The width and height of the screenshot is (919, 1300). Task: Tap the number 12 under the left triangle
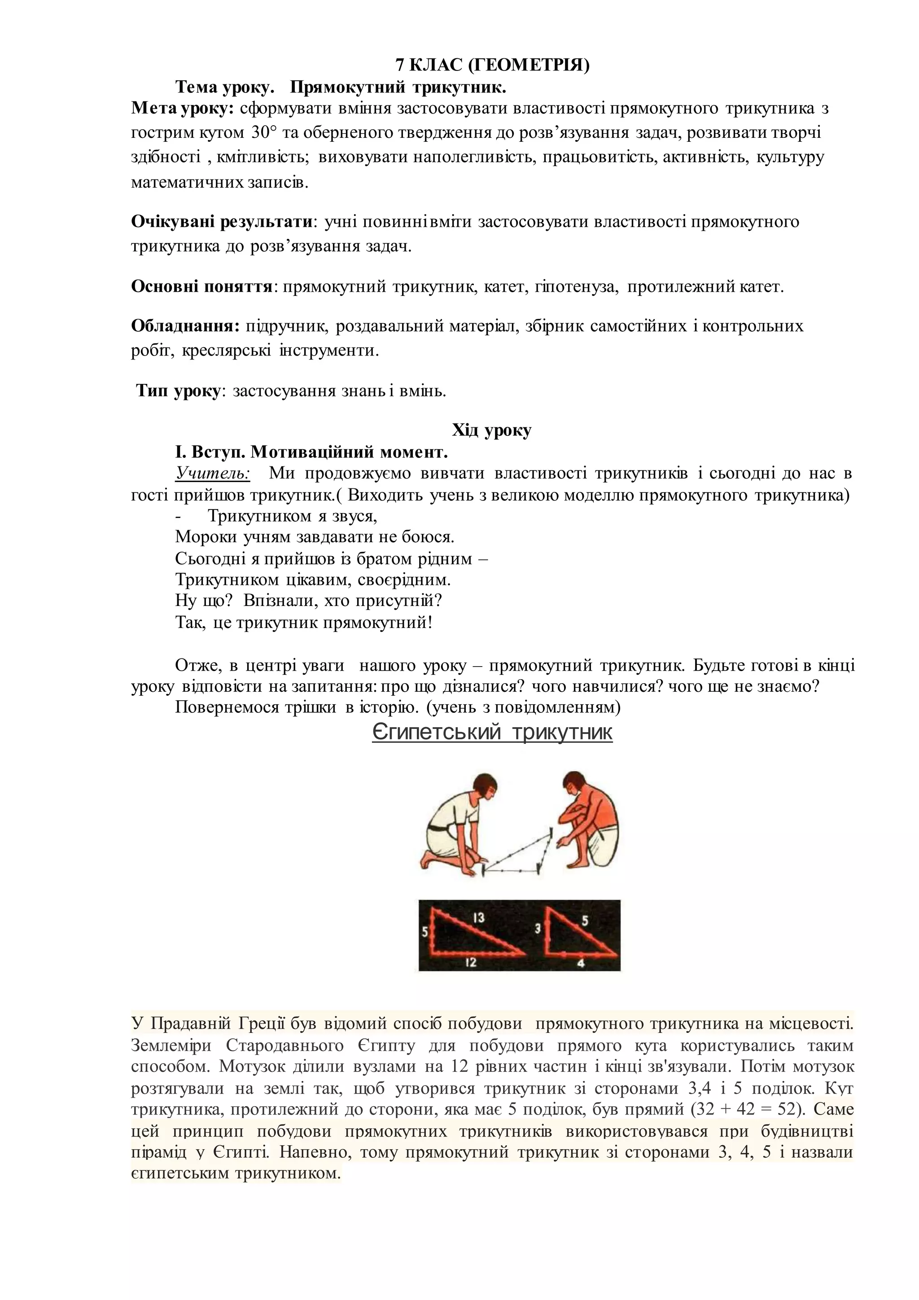tap(471, 962)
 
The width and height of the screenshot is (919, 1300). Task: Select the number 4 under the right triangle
tap(581, 962)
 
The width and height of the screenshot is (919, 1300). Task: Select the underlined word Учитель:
tap(213, 473)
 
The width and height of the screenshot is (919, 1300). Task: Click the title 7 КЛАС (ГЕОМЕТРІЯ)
tap(492, 66)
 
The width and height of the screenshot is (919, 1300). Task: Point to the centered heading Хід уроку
tap(492, 430)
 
